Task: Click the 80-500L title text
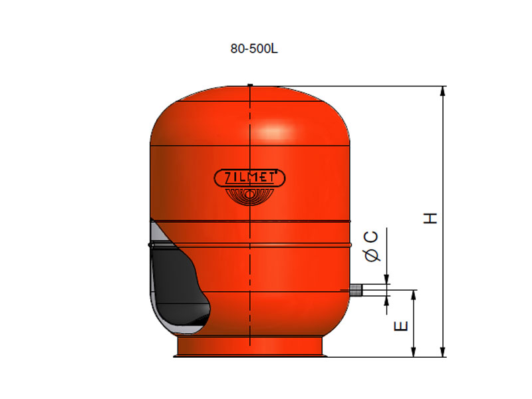(x=254, y=49)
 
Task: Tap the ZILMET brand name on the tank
(x=249, y=178)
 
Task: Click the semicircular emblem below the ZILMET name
(x=249, y=196)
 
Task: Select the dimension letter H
(x=430, y=218)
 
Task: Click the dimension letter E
(x=401, y=326)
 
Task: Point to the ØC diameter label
(x=372, y=247)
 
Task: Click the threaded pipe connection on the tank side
(x=356, y=290)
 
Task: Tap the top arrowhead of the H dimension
(x=442, y=91)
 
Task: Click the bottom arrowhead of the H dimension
(x=442, y=352)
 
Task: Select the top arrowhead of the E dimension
(x=413, y=295)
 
